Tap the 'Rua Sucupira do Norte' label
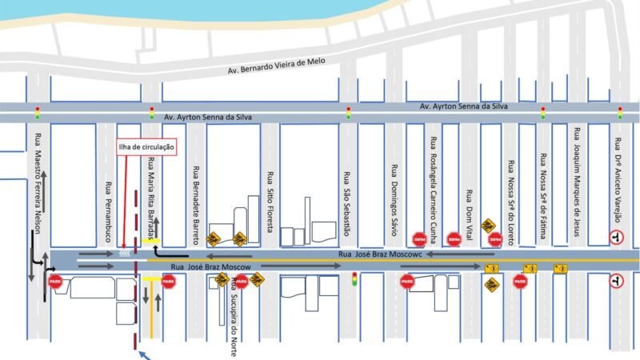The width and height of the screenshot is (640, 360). click(233, 320)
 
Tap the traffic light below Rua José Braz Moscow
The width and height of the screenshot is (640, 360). click(354, 279)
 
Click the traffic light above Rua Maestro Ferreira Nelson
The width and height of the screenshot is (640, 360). click(37, 113)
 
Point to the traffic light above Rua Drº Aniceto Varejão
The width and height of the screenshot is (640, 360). click(620, 113)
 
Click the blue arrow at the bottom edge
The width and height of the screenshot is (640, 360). click(144, 354)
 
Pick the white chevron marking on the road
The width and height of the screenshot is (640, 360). click(124, 253)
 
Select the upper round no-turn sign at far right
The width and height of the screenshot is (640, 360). click(616, 237)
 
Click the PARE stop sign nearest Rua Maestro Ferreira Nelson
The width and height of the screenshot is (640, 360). click(55, 281)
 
